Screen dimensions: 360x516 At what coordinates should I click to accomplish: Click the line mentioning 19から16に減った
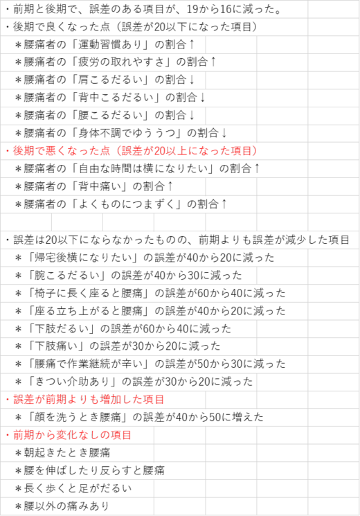click(x=144, y=9)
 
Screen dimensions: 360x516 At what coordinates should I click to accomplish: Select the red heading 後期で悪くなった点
click(x=61, y=151)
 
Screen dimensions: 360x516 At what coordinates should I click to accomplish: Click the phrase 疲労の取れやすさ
click(x=120, y=62)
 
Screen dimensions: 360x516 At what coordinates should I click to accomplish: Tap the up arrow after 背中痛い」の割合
click(x=170, y=186)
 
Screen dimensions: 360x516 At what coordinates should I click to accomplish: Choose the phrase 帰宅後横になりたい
click(x=83, y=258)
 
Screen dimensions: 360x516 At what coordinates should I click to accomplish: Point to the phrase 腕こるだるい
click(x=66, y=275)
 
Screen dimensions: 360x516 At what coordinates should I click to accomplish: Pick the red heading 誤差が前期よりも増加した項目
click(x=89, y=400)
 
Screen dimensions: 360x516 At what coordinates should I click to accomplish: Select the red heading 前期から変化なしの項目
click(x=72, y=435)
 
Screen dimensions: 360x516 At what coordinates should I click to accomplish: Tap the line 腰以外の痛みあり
click(x=62, y=506)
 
